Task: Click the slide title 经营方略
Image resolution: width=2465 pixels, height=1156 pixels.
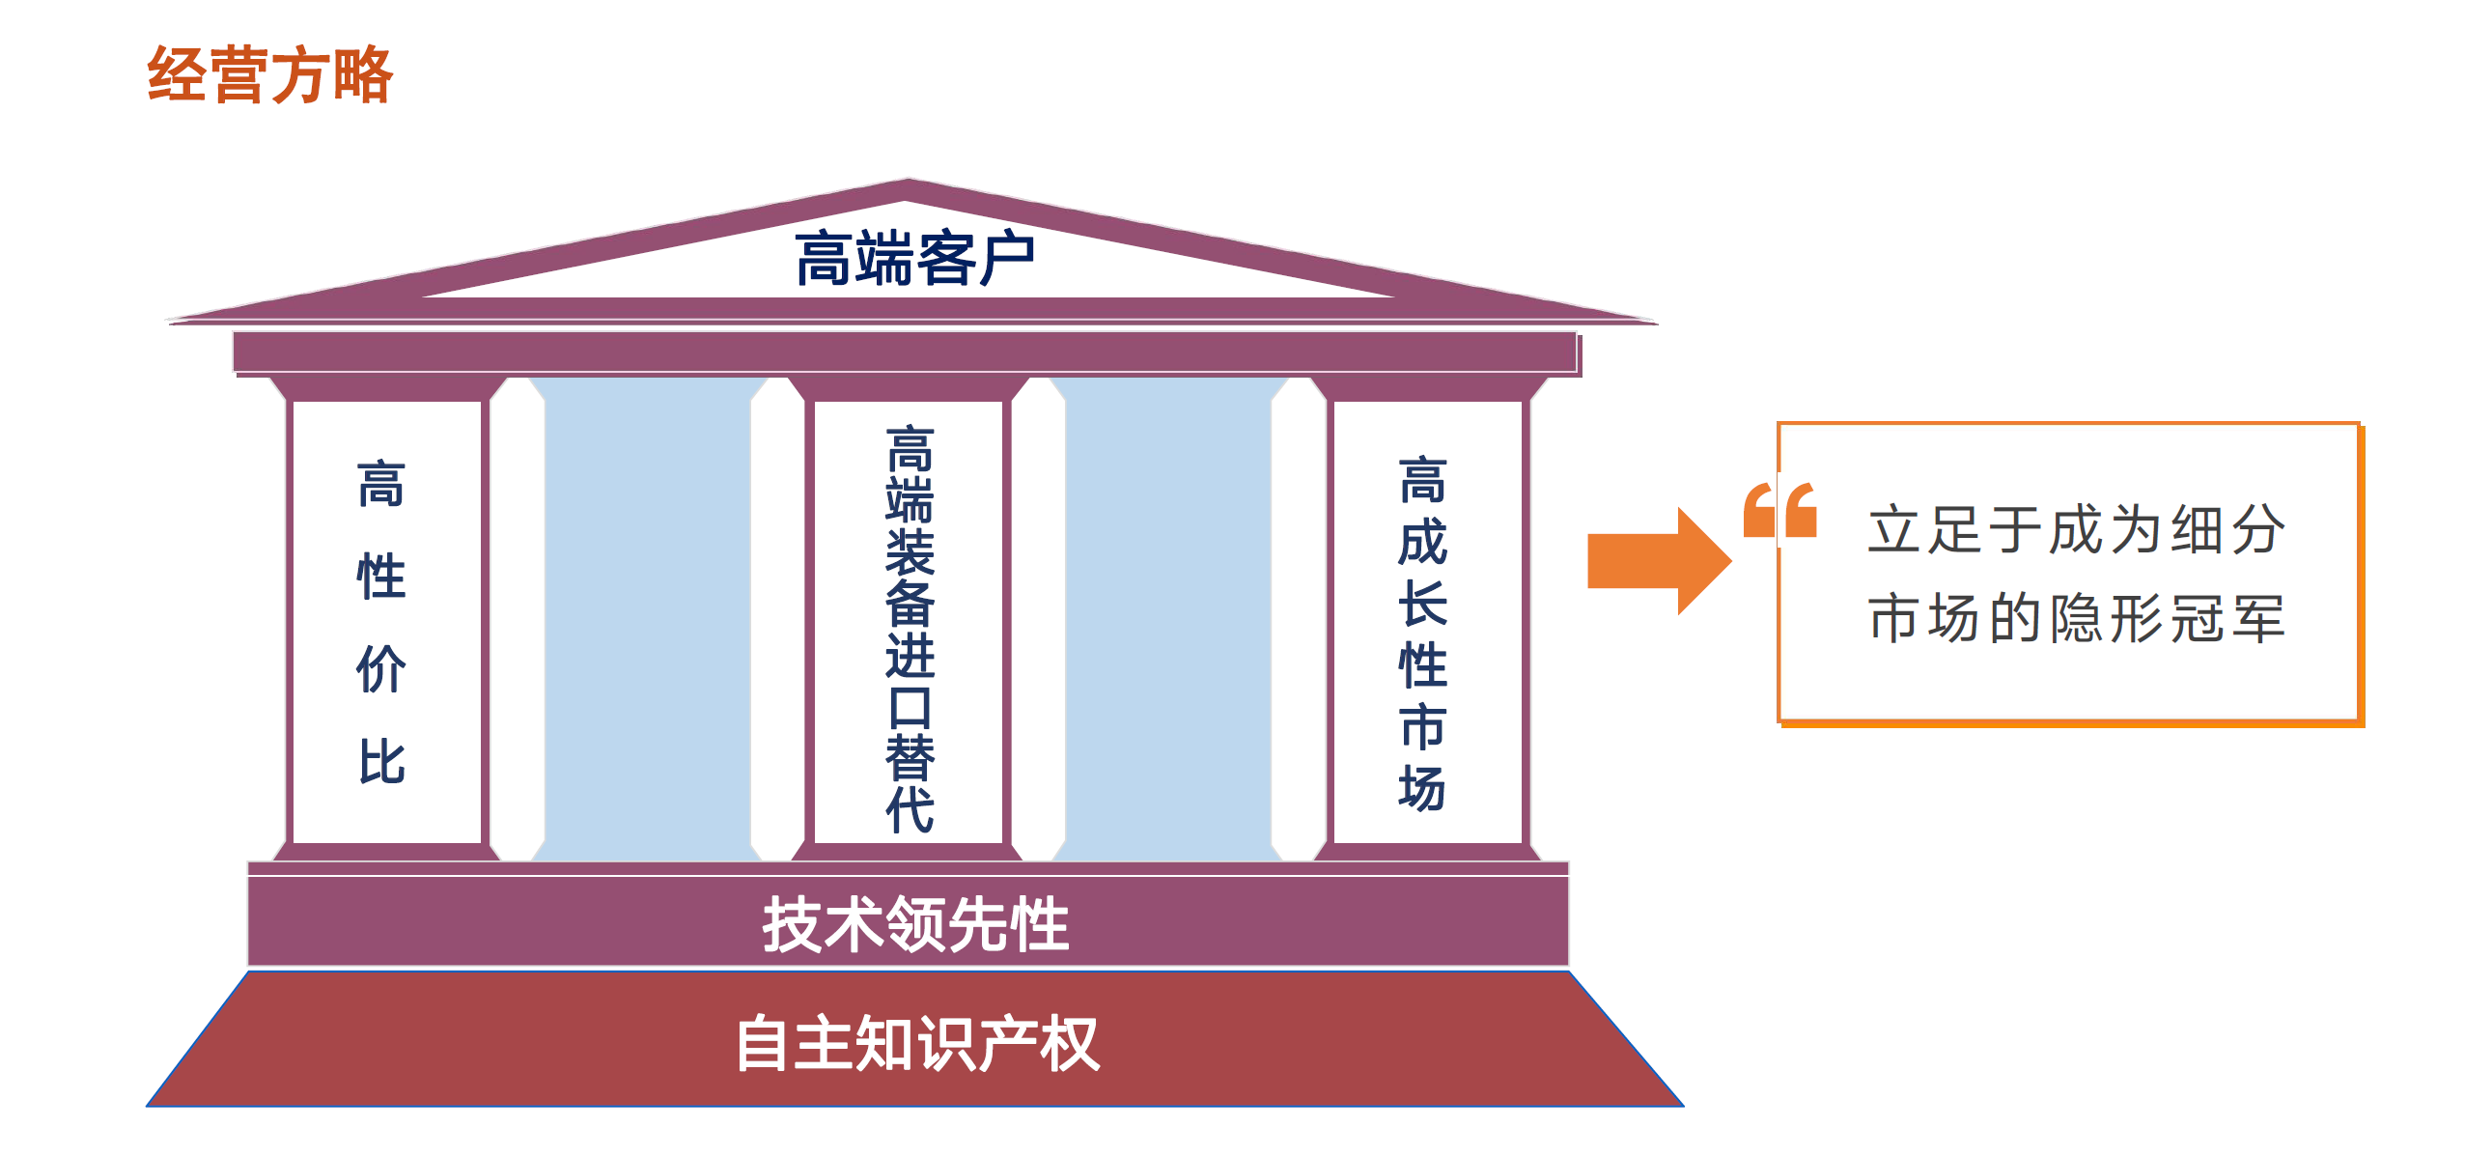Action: pyautogui.click(x=269, y=74)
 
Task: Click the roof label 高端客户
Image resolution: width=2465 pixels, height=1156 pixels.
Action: pyautogui.click(x=914, y=258)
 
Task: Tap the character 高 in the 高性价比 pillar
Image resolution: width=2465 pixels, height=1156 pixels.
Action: pyautogui.click(x=381, y=484)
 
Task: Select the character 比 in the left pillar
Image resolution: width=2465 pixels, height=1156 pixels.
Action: pyautogui.click(x=381, y=761)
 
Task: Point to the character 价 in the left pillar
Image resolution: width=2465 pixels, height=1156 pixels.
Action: pyautogui.click(x=381, y=668)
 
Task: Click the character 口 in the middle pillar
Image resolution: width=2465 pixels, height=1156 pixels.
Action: pyautogui.click(x=910, y=708)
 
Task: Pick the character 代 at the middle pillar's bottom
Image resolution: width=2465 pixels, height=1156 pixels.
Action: pyautogui.click(x=910, y=809)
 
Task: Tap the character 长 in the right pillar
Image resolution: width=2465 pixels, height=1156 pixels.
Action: pyautogui.click(x=1423, y=604)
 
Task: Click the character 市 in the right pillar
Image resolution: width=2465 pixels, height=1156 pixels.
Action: pyautogui.click(x=1423, y=726)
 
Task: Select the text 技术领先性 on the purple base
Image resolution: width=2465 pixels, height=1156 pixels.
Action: pyautogui.click(x=915, y=924)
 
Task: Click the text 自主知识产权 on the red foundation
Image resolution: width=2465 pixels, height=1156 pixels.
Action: pyautogui.click(x=917, y=1043)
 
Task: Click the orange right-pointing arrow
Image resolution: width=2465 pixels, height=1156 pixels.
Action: pyautogui.click(x=1659, y=561)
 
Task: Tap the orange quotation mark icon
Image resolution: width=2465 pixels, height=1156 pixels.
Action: pyautogui.click(x=1779, y=509)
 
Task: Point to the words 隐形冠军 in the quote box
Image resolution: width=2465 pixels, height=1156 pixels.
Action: pyautogui.click(x=2169, y=618)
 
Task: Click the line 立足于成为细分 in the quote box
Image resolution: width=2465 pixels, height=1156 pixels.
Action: pyautogui.click(x=2077, y=529)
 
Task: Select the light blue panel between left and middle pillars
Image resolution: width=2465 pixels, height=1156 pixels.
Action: pyautogui.click(x=648, y=619)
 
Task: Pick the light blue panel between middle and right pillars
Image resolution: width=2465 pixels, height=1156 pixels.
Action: pyautogui.click(x=1168, y=619)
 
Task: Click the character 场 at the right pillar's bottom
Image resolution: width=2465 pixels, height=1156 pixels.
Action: pyautogui.click(x=1423, y=788)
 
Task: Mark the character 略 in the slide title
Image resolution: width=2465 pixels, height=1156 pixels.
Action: pyautogui.click(x=363, y=74)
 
